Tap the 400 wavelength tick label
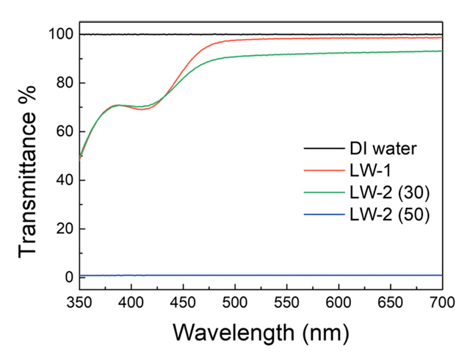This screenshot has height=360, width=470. tap(131, 301)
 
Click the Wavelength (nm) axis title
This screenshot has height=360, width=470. tap(261, 332)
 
